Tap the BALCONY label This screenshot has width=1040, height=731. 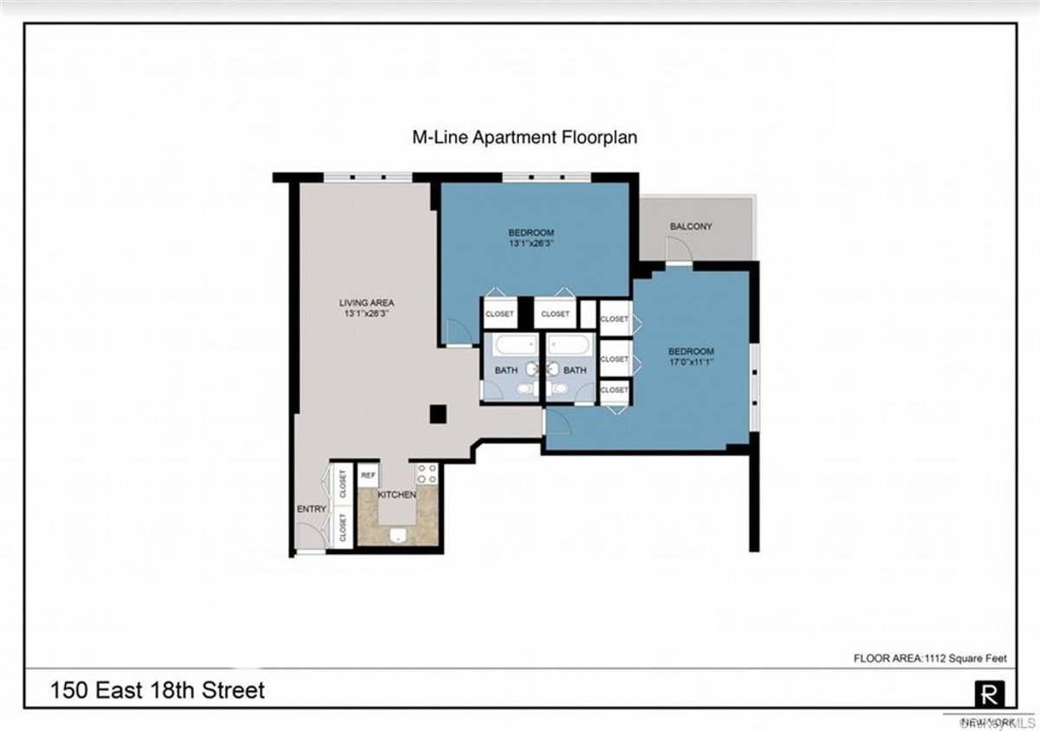pyautogui.click(x=691, y=226)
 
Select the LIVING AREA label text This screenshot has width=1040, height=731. pyautogui.click(x=366, y=303)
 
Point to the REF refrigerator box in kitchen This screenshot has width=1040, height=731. pyautogui.click(x=367, y=474)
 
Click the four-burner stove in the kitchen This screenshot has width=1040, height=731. pyautogui.click(x=426, y=473)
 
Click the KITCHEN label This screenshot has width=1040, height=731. pyautogui.click(x=397, y=494)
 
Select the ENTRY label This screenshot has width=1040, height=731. pyautogui.click(x=311, y=509)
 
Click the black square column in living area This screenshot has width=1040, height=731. pyautogui.click(x=439, y=414)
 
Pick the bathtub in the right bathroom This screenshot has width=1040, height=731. pyautogui.click(x=571, y=347)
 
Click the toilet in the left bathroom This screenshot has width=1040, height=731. pyautogui.click(x=525, y=391)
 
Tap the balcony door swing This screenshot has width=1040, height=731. pyautogui.click(x=679, y=249)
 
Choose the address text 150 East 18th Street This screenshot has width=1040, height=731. pyautogui.click(x=157, y=690)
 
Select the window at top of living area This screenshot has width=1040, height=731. pyautogui.click(x=367, y=177)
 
